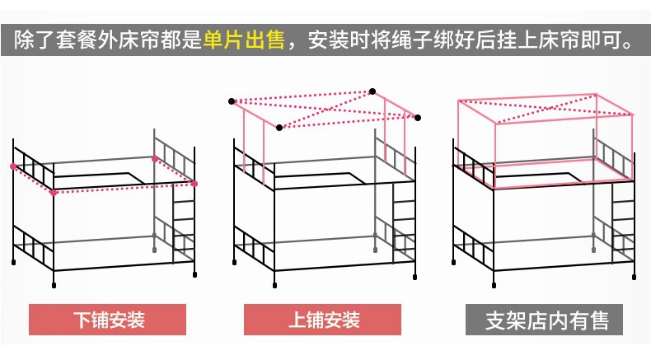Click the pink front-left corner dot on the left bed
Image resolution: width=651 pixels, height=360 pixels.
(54, 193)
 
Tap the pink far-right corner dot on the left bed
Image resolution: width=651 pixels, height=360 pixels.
(195, 183)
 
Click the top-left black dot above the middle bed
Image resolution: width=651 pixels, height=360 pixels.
(232, 101)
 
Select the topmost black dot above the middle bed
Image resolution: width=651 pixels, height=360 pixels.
(372, 91)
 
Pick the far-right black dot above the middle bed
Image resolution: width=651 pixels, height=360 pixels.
(418, 116)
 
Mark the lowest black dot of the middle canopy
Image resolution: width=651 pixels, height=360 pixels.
(279, 127)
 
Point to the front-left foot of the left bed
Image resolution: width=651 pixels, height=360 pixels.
(54, 285)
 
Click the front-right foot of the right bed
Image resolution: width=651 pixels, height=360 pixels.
(635, 276)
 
